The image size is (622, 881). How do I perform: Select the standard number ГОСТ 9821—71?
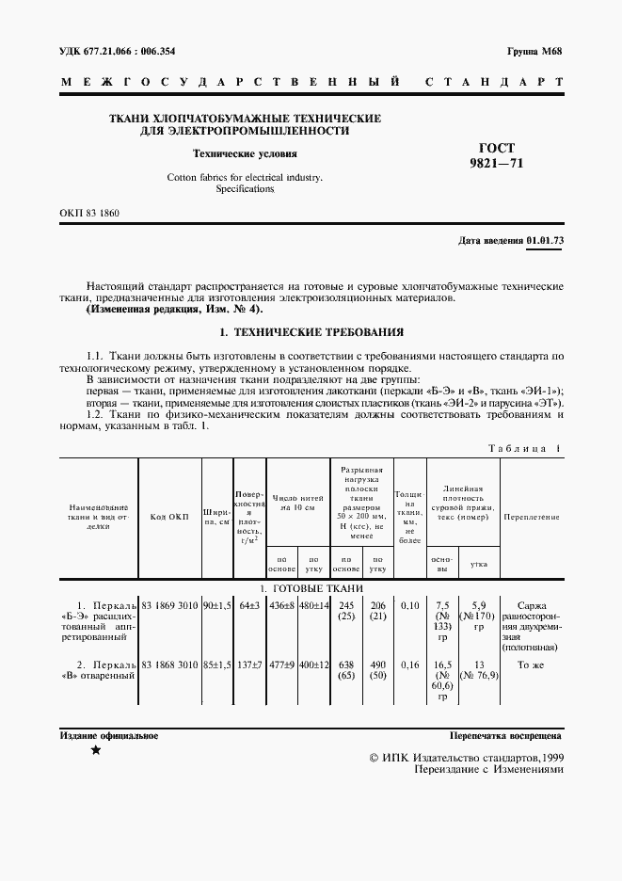tap(502, 155)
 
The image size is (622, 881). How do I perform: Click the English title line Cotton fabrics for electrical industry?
tap(245, 177)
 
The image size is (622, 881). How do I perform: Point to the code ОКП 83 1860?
tap(90, 214)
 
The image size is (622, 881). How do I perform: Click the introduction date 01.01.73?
tap(545, 241)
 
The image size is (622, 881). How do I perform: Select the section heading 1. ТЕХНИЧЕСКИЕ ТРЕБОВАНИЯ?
tap(311, 332)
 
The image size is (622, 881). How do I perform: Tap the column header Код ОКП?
tap(170, 517)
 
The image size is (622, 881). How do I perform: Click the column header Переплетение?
tap(532, 517)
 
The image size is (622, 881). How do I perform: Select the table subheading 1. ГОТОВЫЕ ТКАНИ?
tap(311, 587)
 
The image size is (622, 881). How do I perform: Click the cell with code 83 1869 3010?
tap(170, 605)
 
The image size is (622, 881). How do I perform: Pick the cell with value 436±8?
tap(282, 605)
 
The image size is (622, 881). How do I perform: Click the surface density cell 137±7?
tap(250, 665)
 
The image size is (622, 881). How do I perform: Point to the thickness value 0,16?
tap(409, 665)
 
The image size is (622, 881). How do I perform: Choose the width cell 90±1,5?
tap(217, 605)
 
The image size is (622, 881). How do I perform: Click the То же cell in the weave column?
tap(532, 665)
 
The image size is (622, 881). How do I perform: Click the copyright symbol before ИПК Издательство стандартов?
tap(376, 757)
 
